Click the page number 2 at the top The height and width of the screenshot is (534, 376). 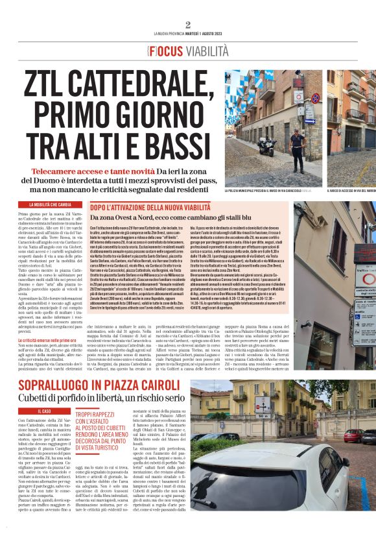coord(187,25)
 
